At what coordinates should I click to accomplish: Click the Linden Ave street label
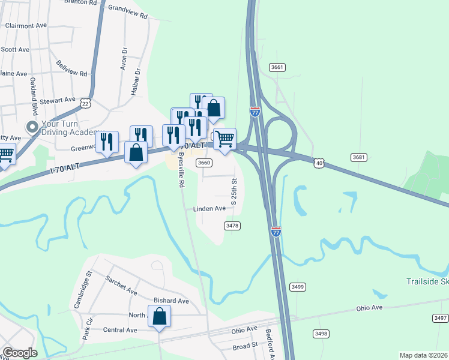point(209,209)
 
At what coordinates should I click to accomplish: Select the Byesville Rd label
point(180,170)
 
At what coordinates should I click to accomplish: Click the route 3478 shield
point(232,226)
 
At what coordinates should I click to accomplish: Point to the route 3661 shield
point(277,67)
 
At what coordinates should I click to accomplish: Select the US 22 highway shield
point(86,104)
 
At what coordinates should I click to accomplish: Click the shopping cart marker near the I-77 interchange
point(224,139)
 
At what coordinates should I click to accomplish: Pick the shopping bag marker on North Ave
point(159,316)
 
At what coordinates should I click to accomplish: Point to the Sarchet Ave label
point(122,286)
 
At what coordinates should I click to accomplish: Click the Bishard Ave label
point(171,301)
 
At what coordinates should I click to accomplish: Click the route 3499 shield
point(297,286)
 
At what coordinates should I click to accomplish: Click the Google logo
point(19,353)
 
